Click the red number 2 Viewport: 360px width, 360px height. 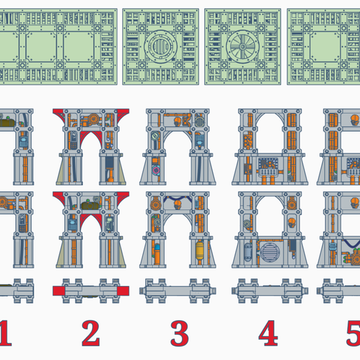[90, 333]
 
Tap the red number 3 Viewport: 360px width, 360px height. [179, 333]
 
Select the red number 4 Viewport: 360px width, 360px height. [267, 333]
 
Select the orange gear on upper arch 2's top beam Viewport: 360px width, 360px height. [96, 119]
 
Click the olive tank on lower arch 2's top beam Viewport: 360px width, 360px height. [89, 200]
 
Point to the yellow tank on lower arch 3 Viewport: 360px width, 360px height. [202, 249]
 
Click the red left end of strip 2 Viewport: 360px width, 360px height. [60, 290]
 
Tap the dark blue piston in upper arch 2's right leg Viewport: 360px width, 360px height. [110, 167]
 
